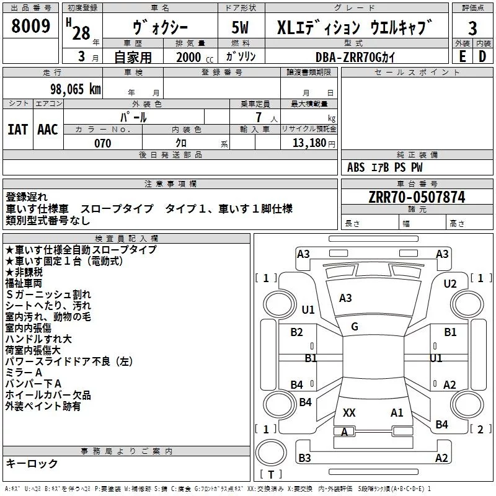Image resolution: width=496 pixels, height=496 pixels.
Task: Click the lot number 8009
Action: coord(30,27)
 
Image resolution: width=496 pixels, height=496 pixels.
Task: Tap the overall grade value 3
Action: coord(472,28)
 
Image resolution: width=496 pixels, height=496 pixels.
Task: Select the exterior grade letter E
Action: coord(462,56)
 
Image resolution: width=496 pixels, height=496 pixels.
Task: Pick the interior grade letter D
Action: coord(482,56)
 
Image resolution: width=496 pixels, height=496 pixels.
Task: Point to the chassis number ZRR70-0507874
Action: coord(417,198)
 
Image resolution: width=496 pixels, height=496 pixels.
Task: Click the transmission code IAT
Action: coord(17,130)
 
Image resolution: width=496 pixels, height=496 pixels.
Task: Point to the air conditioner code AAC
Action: coord(47,130)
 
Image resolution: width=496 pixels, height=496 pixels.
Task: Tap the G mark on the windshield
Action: coord(354,326)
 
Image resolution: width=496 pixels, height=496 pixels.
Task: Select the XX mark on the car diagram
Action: coord(349,412)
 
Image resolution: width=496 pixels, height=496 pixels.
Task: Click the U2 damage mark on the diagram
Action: coord(450,283)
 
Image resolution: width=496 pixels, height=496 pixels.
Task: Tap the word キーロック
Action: coord(32,463)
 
